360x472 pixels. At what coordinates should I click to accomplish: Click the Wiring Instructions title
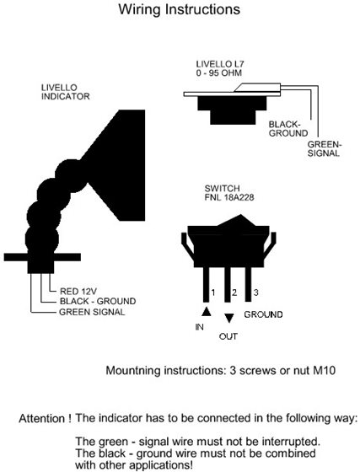tap(180, 9)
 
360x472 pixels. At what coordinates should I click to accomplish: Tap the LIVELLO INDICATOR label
tap(65, 92)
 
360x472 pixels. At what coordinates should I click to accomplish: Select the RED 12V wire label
tap(78, 291)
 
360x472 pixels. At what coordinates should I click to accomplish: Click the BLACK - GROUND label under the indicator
tap(98, 301)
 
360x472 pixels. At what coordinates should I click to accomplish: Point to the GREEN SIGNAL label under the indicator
tap(92, 312)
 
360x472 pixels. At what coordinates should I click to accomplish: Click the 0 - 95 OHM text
tap(219, 72)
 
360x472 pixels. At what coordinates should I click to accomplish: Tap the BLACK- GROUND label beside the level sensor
tap(288, 128)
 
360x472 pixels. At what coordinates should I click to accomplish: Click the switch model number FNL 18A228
tap(229, 197)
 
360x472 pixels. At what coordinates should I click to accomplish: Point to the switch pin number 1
tap(213, 292)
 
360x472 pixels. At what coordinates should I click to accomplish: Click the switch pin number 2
tap(234, 292)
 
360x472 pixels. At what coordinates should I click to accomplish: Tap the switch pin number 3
tap(255, 292)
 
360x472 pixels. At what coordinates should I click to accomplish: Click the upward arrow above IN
tap(207, 311)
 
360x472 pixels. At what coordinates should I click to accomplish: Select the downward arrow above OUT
tap(229, 319)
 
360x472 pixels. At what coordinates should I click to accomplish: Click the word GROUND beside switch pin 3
tap(263, 314)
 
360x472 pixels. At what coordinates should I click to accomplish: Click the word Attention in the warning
tap(42, 418)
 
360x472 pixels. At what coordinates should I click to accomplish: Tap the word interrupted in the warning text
tap(291, 442)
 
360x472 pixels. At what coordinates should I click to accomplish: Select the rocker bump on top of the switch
tap(240, 220)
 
